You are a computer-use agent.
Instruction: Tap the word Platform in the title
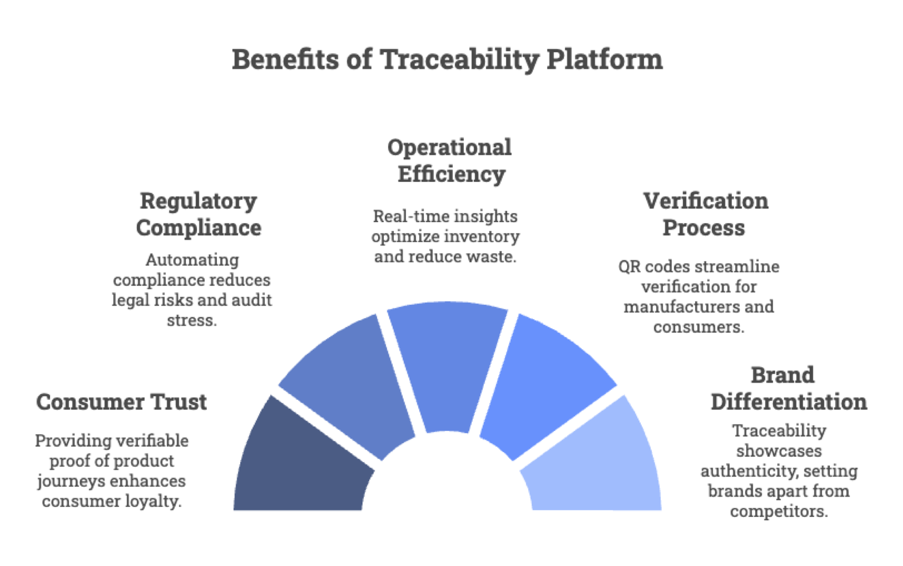pyautogui.click(x=604, y=60)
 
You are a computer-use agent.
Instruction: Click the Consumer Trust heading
pyautogui.click(x=121, y=402)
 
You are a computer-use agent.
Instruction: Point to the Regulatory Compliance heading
pyautogui.click(x=198, y=214)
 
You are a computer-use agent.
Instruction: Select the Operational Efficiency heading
pyautogui.click(x=450, y=160)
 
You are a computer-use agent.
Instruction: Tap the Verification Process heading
pyautogui.click(x=705, y=214)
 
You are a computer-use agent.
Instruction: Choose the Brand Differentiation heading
pyautogui.click(x=788, y=388)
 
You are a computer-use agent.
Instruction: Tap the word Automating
pyautogui.click(x=192, y=260)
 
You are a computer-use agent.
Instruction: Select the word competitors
pyautogui.click(x=779, y=511)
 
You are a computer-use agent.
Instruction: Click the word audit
pyautogui.click(x=252, y=300)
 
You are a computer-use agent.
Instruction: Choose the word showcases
pyautogui.click(x=779, y=451)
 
